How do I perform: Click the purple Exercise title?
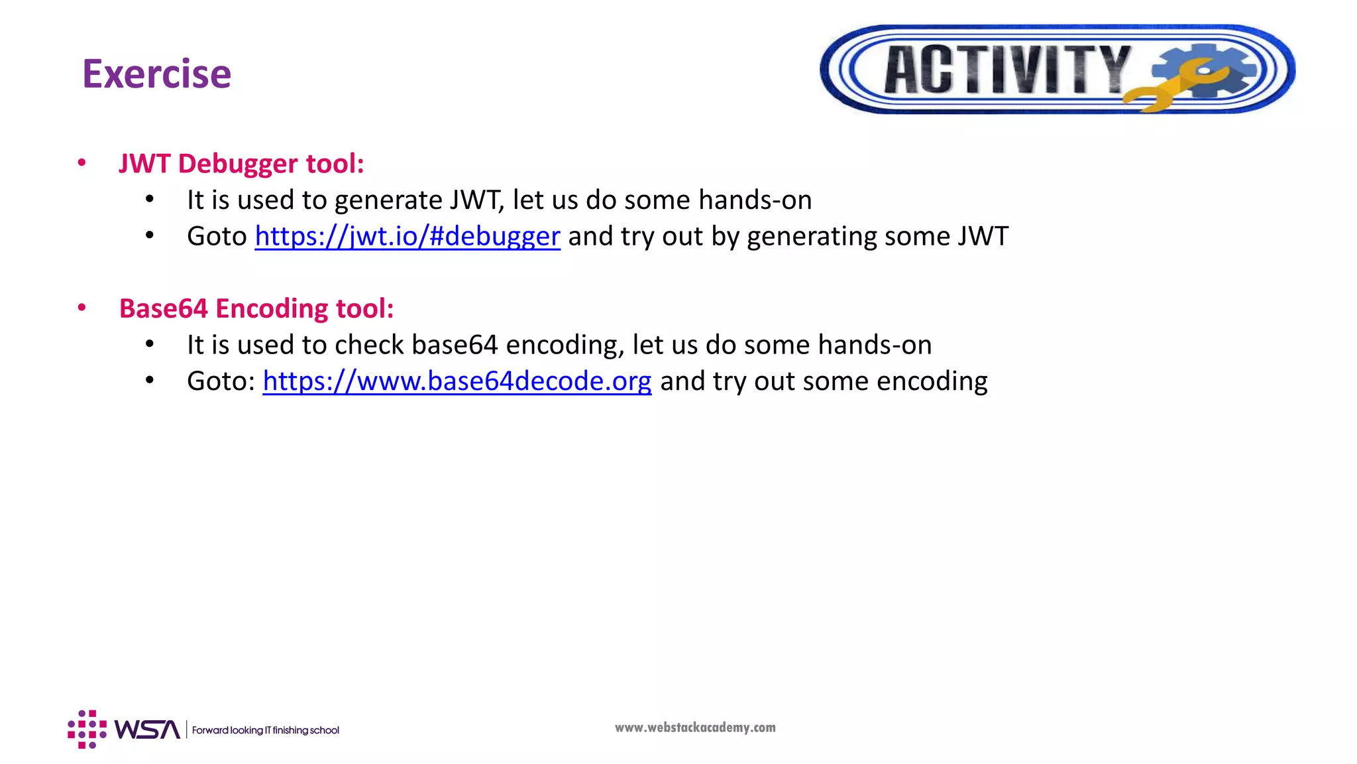[x=156, y=74]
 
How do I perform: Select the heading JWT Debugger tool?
[x=241, y=164]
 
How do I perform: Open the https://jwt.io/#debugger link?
[x=407, y=236]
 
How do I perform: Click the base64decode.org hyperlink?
[x=457, y=381]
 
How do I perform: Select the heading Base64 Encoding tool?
[x=256, y=309]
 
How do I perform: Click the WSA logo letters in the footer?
[x=147, y=730]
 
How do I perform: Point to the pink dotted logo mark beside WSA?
[x=87, y=730]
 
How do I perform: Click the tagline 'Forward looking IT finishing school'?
[x=265, y=730]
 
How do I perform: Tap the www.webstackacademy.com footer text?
[x=695, y=728]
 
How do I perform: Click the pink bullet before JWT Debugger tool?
[x=81, y=163]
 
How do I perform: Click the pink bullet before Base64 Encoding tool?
[x=81, y=308]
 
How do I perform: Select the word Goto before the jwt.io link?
[x=217, y=236]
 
